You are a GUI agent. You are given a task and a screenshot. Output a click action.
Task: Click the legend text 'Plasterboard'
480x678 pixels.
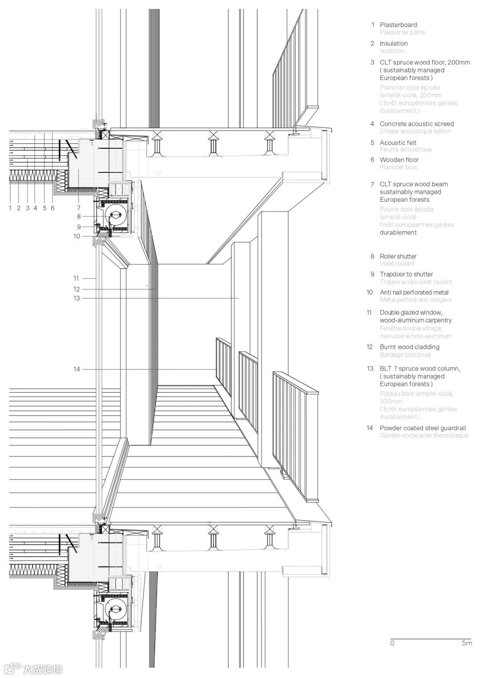tap(398, 25)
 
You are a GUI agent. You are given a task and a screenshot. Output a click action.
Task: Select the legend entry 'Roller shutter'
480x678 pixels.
tap(398, 256)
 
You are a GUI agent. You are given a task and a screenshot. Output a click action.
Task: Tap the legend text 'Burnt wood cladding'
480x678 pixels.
tap(409, 347)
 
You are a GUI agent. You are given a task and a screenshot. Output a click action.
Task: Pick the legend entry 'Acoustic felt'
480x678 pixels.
tap(398, 143)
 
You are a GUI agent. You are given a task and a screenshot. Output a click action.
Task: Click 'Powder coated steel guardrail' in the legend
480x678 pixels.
tap(423, 428)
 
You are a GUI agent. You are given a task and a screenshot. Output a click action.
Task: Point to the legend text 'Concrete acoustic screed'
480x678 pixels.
tap(416, 124)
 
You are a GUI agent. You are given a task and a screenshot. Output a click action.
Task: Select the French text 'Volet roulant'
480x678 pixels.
tap(397, 263)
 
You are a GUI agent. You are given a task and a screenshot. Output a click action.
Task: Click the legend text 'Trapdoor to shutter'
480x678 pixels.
tap(406, 274)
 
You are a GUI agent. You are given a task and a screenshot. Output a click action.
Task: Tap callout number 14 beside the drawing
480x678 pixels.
tap(77, 369)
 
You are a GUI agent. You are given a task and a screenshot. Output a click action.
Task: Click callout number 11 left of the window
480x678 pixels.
tap(76, 279)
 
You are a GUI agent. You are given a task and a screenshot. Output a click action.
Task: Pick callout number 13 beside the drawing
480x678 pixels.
tap(77, 298)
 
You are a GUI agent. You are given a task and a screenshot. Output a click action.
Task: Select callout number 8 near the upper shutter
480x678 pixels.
tap(79, 217)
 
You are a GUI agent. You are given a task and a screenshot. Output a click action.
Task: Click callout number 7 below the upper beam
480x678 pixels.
tap(79, 207)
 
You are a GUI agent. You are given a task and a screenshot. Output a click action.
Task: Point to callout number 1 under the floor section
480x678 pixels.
tap(10, 207)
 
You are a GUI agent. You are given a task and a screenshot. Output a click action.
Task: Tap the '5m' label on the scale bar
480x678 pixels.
tap(467, 643)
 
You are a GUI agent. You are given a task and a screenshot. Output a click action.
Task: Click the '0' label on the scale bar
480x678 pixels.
tap(392, 643)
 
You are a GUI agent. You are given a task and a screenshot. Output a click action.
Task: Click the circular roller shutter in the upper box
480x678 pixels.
tap(115, 216)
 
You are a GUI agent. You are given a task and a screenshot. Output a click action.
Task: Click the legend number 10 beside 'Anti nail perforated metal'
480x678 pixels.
tap(370, 292)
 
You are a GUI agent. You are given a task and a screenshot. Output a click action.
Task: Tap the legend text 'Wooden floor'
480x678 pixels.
tap(399, 160)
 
